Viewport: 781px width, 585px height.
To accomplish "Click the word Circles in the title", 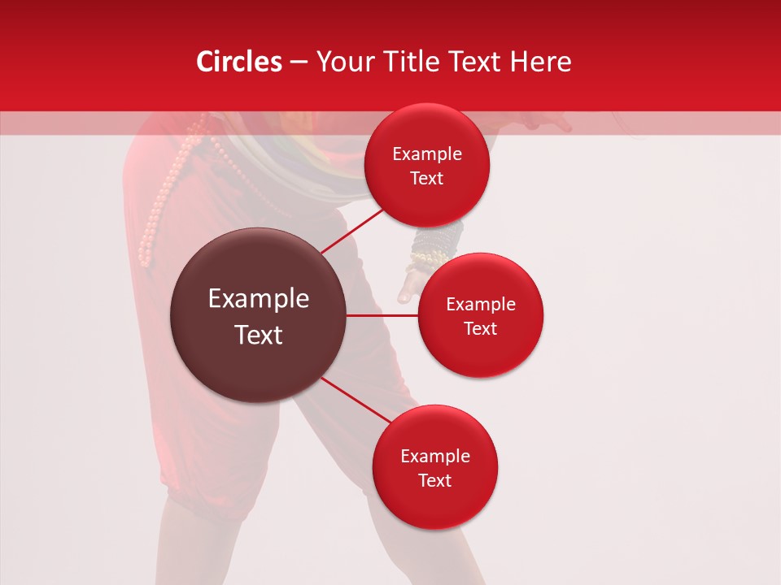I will (238, 62).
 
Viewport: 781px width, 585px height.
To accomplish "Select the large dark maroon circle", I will (258, 315).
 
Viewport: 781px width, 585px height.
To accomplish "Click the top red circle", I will (426, 165).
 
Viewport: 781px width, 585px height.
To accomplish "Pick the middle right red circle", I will (480, 315).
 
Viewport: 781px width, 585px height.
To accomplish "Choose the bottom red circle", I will (434, 467).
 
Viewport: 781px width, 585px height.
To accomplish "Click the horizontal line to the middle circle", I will (382, 315).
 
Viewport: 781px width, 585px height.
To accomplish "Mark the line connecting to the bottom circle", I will (354, 399).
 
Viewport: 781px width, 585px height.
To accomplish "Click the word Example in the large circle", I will (258, 298).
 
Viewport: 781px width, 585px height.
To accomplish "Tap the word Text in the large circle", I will (258, 334).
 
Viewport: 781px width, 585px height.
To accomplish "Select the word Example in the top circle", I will (426, 154).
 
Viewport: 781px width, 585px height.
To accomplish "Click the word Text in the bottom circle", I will (434, 480).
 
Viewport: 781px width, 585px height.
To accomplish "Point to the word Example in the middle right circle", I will (480, 304).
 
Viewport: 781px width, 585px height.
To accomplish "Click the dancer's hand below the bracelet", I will (411, 284).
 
